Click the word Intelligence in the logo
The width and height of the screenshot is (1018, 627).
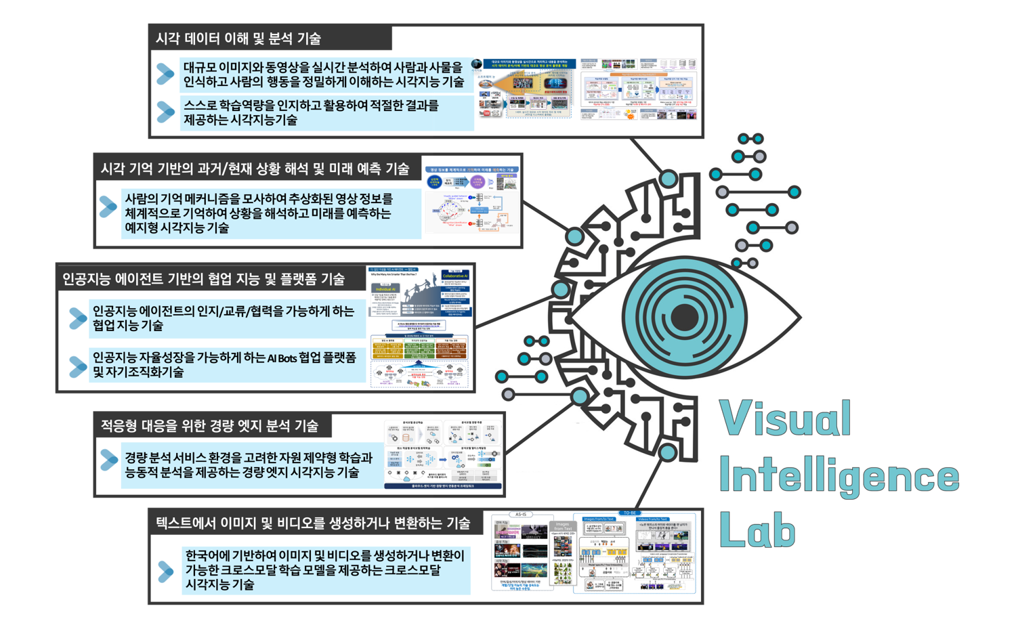coord(839,476)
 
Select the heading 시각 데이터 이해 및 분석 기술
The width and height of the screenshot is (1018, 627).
coord(238,39)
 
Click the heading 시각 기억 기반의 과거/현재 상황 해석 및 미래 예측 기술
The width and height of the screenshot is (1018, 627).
coord(255,169)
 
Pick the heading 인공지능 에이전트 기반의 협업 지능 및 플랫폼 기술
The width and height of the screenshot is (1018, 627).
coord(203,279)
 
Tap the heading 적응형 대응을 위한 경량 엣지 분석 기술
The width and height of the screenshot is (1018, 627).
coord(209,426)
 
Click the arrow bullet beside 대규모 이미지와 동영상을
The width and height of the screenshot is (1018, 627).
coord(165,74)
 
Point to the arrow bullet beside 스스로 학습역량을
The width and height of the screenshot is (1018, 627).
coord(165,112)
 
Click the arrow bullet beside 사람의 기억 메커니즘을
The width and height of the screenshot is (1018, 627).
coord(108,207)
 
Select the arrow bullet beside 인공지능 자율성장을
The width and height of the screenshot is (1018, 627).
coord(78,366)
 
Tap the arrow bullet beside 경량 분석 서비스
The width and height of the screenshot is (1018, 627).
coord(109,460)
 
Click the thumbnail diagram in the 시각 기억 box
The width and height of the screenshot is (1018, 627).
coord(472,200)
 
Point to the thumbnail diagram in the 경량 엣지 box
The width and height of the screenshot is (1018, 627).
coord(444,454)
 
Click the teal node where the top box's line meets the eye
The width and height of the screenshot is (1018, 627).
coord(669,179)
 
